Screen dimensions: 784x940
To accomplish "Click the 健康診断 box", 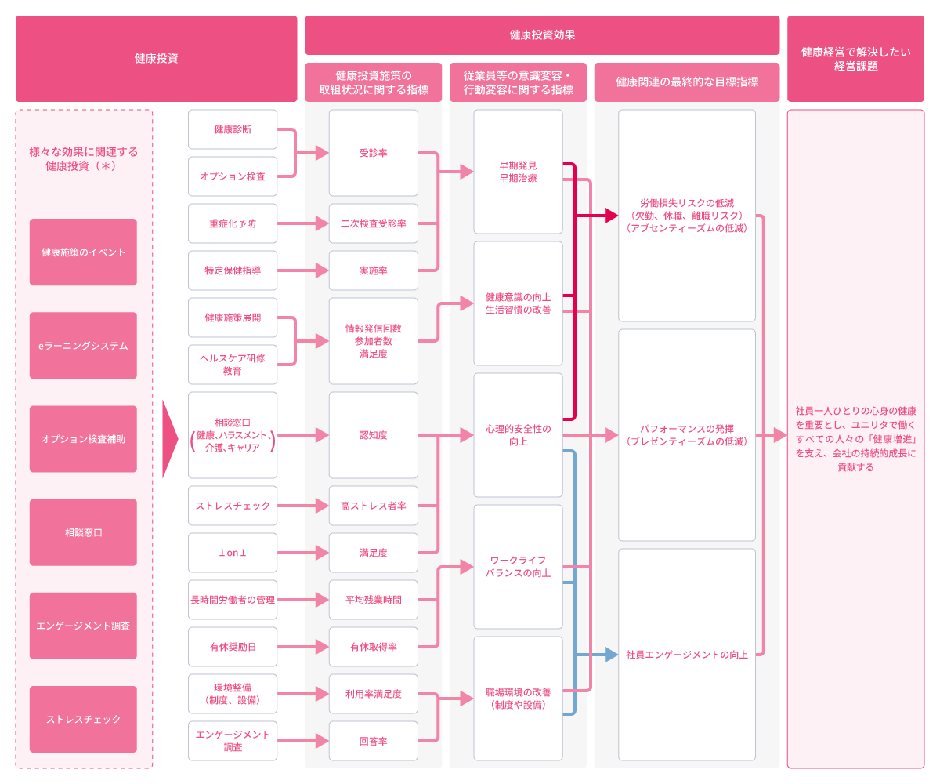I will tap(233, 129).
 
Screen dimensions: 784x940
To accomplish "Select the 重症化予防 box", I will tap(233, 223).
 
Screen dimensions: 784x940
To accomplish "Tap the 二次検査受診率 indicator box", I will tap(373, 223).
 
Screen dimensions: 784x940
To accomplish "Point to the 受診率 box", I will tap(373, 153).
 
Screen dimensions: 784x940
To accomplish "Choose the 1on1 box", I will tap(233, 553).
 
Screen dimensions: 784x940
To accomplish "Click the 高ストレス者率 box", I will tap(373, 506).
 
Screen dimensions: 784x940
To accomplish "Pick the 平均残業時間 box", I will tap(373, 600).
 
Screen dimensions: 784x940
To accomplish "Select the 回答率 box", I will tap(373, 741).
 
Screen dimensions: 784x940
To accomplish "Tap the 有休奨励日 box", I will tap(233, 647).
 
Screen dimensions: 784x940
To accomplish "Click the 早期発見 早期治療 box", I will tap(518, 172).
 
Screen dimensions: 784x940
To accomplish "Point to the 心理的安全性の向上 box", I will tap(518, 435).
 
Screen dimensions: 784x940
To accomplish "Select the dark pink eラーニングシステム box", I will tap(83, 346).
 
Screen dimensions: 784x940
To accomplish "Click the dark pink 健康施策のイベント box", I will tap(83, 252).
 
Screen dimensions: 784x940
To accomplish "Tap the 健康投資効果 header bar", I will tap(542, 35).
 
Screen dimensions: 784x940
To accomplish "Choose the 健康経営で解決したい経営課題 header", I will tap(855, 60).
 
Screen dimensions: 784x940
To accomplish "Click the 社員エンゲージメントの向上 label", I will tap(687, 655).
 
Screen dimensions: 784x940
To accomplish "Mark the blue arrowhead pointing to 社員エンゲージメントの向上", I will tap(611, 655).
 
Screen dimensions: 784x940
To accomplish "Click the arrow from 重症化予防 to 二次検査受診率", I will tap(302, 223).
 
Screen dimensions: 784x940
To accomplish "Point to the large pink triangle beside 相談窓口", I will tap(170, 439).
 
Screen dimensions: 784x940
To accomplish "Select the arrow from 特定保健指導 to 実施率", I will tap(302, 270).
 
